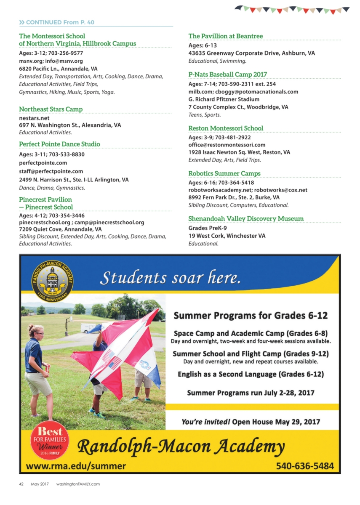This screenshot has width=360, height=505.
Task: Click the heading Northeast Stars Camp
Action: pyautogui.click(x=51, y=109)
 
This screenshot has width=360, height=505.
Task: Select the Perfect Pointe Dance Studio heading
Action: pyautogui.click(x=59, y=144)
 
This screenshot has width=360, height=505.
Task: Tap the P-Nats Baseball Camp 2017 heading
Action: pyautogui.click(x=228, y=74)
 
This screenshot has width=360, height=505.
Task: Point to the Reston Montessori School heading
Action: pyautogui.click(x=226, y=128)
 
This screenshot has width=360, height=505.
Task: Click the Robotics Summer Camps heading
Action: pyautogui.click(x=224, y=173)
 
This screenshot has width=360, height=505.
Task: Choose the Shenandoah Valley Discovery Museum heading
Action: pyautogui.click(x=246, y=218)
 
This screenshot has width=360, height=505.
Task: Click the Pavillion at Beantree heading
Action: pyautogui.click(x=226, y=36)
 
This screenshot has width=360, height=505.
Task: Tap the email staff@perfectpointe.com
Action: pyautogui.click(x=51, y=171)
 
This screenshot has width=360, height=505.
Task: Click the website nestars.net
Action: pyautogui.click(x=35, y=118)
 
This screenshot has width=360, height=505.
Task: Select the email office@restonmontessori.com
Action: pyautogui.click(x=227, y=145)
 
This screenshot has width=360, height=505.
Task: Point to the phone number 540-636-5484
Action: pyautogui.click(x=305, y=466)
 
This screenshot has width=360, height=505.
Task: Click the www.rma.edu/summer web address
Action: pyautogui.click(x=76, y=466)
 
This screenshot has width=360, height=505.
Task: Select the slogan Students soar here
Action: pyautogui.click(x=170, y=278)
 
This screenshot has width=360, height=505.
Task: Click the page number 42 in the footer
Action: pyautogui.click(x=21, y=484)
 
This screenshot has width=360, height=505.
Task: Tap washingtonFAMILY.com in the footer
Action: pyautogui.click(x=78, y=484)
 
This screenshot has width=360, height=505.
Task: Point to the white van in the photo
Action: pyautogui.click(x=91, y=328)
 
